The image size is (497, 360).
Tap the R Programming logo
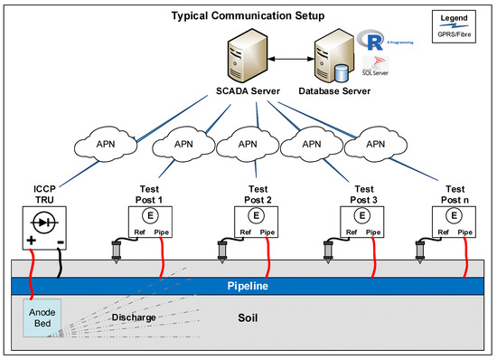[368, 41]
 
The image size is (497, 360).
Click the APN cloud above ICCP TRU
[99, 144]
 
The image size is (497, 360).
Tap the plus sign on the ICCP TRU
[31, 242]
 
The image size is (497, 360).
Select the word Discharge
[134, 317]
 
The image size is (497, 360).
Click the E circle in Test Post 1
[150, 217]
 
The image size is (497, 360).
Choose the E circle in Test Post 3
[361, 217]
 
